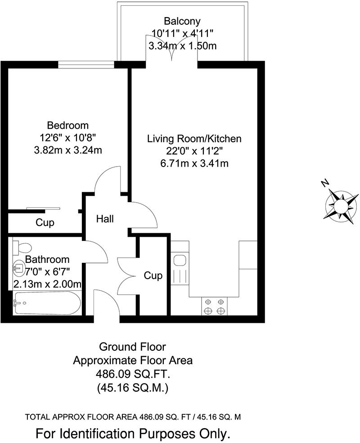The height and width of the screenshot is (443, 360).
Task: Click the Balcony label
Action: coord(182,21)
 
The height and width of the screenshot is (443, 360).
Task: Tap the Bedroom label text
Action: coord(68,125)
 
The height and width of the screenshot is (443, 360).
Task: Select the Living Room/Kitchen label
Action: coord(194,139)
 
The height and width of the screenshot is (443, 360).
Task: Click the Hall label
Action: coord(105,219)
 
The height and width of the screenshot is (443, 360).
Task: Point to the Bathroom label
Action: coord(47,259)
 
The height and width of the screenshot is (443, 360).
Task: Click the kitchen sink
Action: coord(180,261)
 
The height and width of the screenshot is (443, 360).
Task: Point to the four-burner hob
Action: coord(214,306)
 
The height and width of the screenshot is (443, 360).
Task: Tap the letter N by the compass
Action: coord(325,183)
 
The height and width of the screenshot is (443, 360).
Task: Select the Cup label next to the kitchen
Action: coord(153,275)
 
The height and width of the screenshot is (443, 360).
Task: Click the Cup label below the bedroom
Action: coord(45,222)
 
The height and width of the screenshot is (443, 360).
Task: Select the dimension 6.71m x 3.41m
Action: coord(194,163)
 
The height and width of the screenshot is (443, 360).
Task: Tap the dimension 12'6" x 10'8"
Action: coord(68,137)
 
